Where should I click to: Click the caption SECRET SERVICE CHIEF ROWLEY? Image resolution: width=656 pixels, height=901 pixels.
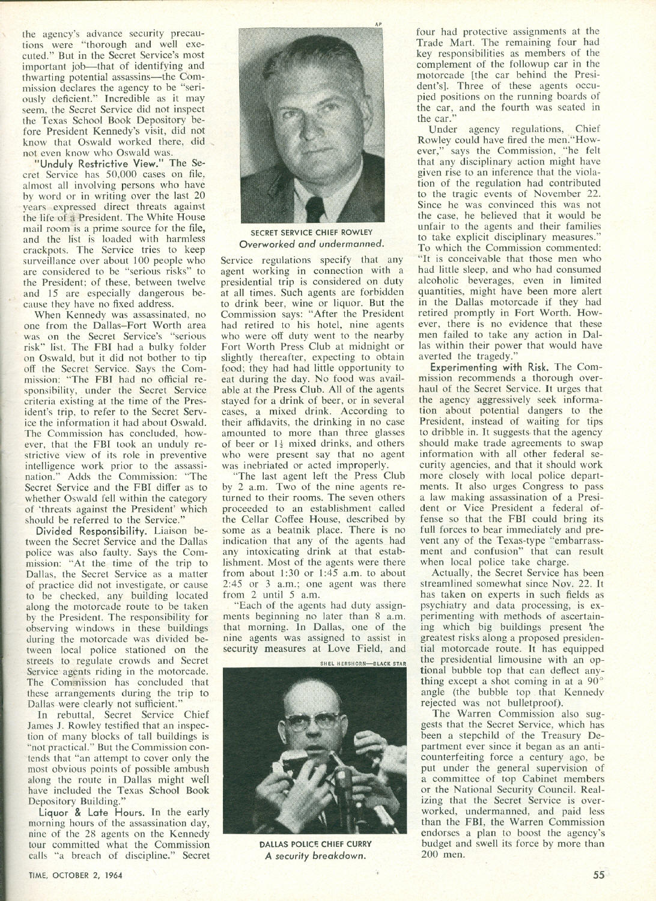(312, 232)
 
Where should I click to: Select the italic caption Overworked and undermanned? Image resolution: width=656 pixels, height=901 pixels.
(312, 243)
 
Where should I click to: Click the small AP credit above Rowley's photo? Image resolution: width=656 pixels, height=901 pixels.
(379, 24)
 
